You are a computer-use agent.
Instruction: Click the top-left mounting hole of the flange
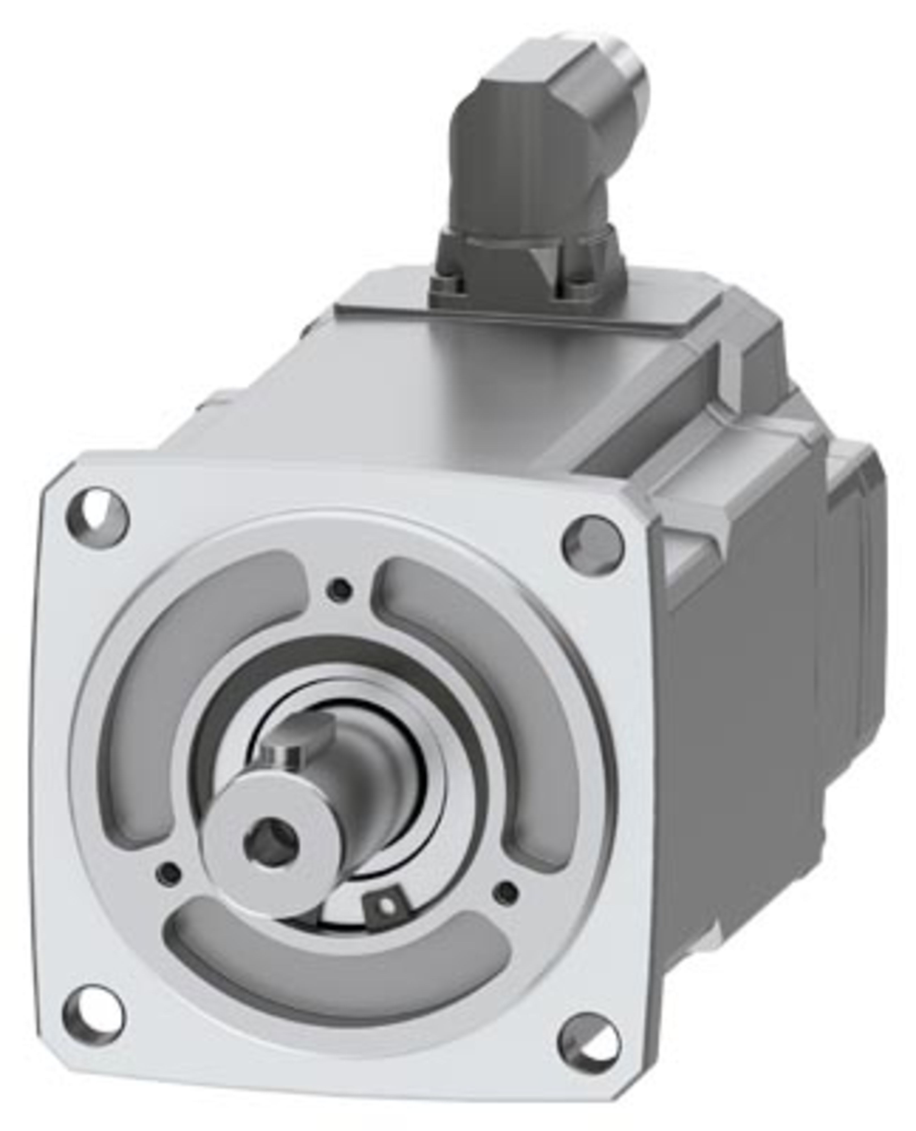coord(97,512)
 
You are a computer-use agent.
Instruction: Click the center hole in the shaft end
coord(271,844)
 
